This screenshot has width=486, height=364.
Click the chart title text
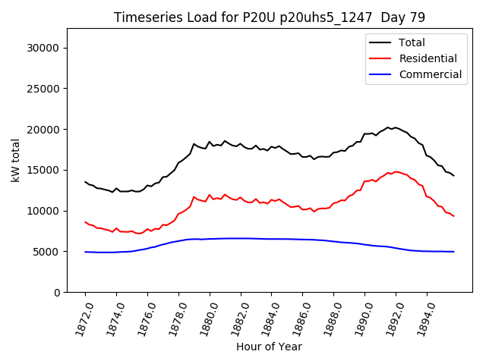(269, 17)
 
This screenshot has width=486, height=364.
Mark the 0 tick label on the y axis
(57, 293)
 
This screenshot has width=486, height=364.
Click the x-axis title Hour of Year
(269, 347)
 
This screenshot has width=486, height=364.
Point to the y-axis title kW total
(15, 161)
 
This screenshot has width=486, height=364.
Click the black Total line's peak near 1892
(388, 127)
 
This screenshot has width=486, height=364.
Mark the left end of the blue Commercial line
(85, 252)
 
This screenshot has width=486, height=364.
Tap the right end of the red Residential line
(453, 216)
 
